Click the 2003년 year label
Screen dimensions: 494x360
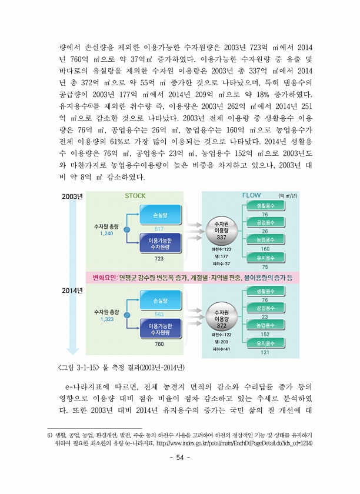tap(72, 196)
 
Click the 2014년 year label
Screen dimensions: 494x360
tap(72, 290)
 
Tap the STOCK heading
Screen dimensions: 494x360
tap(135, 196)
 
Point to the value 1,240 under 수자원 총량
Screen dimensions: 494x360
tap(106, 233)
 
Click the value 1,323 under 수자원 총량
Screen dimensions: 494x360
tap(106, 319)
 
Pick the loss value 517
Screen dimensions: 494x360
tap(159, 229)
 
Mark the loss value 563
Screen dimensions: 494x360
tap(159, 315)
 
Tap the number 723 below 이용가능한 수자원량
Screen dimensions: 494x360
tap(159, 258)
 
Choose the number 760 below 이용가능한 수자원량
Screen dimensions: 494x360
tap(159, 343)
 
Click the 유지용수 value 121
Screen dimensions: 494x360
tap(265, 352)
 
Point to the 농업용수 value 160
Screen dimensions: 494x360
tap(265, 249)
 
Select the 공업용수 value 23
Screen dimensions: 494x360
tap(265, 317)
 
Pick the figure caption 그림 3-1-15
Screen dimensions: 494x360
tap(121, 368)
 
